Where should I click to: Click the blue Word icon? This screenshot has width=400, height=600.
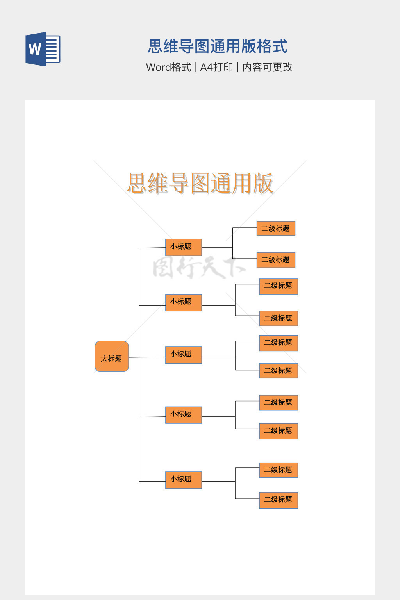[43, 49]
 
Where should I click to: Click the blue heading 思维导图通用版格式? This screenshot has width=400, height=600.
[218, 46]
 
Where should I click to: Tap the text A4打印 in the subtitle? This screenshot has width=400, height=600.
[216, 67]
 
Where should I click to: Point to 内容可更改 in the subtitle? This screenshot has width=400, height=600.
[267, 67]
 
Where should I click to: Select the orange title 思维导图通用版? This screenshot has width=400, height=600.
[200, 183]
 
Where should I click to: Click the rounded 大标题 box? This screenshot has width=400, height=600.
[112, 356]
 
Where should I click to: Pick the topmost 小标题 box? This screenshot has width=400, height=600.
[183, 247]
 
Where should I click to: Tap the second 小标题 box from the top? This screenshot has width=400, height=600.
[183, 302]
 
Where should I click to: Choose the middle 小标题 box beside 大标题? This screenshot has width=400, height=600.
[183, 355]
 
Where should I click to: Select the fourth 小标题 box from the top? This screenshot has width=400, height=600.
[183, 415]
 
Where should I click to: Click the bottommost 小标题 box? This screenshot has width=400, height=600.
[183, 480]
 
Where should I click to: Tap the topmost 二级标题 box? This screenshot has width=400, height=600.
[276, 229]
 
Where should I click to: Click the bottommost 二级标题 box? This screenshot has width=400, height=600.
[279, 500]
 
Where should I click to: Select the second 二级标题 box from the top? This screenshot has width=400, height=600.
[276, 260]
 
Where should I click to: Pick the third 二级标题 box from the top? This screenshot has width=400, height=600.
[279, 286]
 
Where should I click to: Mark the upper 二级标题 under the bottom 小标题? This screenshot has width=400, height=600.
[279, 470]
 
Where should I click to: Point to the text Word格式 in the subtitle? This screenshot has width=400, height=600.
[168, 67]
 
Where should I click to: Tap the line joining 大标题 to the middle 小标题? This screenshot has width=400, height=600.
[147, 357]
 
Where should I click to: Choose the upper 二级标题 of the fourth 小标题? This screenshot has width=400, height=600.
[279, 402]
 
